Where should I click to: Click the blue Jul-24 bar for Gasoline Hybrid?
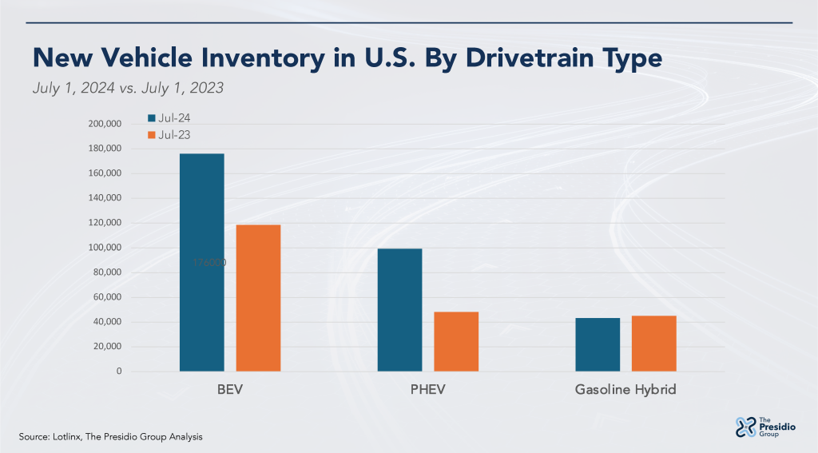coord(598,344)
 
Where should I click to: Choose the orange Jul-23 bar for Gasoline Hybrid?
coord(653,344)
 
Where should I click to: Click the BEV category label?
coord(230,391)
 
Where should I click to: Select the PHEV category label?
coord(428,391)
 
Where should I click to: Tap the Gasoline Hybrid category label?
coord(625,391)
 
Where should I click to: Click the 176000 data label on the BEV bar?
coord(209,262)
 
